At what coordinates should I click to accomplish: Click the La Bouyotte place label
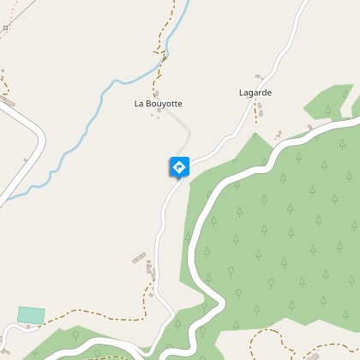pyautogui.click(x=158, y=104)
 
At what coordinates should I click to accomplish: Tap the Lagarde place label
pyautogui.click(x=255, y=92)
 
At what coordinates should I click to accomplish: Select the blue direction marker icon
pyautogui.click(x=179, y=167)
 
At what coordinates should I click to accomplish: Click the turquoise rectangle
pyautogui.click(x=32, y=315)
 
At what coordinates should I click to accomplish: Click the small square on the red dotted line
pyautogui.click(x=5, y=28)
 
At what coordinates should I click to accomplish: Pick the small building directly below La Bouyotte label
pyautogui.click(x=158, y=116)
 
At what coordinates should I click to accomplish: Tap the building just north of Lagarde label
pyautogui.click(x=255, y=78)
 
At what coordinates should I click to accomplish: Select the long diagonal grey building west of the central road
pyautogui.click(x=139, y=257)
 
